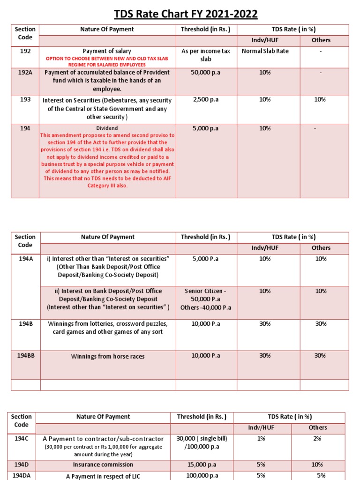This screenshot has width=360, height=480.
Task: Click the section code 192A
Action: coord(26,73)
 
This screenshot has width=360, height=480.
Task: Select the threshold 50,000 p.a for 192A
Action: coord(206,73)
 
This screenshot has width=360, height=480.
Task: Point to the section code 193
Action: coord(26,100)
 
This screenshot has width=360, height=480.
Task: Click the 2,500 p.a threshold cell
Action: coord(206,100)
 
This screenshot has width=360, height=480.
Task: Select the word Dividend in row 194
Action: coord(107,128)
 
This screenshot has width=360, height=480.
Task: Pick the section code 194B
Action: coord(26,324)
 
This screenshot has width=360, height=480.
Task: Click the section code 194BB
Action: coord(26,356)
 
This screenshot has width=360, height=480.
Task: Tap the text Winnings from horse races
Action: coord(108,356)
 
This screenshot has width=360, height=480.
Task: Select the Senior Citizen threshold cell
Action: coord(206,299)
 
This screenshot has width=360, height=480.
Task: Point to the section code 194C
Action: coord(22,438)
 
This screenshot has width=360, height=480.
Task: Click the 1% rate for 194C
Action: coord(261,438)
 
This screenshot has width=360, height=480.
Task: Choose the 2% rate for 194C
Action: coord(317,438)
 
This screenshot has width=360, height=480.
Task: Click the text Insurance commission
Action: coord(103,465)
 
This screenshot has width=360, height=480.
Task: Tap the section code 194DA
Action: coord(22,475)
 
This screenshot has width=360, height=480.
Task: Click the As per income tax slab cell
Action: coord(206,55)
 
